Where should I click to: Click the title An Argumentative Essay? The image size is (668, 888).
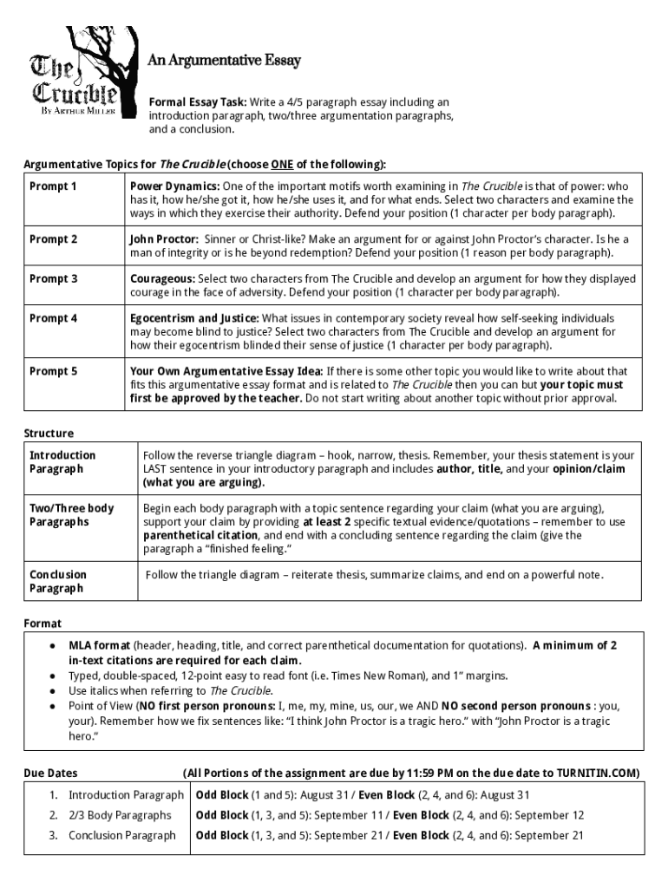pos(223,61)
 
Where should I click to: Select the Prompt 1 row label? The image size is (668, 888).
pos(53,186)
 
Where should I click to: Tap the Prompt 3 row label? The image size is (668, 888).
pos(53,278)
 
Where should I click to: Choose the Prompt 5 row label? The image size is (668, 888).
pos(53,371)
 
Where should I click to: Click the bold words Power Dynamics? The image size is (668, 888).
pos(174,186)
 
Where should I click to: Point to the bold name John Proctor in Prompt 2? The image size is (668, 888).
pos(164,239)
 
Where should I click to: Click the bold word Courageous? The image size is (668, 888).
pos(161,279)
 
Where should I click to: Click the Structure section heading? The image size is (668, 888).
pos(49,433)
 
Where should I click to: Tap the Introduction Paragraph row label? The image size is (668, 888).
pos(62,461)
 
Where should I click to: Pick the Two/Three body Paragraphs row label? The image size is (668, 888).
pos(71,514)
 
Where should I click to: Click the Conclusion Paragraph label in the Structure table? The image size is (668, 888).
pos(58,581)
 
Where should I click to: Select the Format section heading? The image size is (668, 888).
pos(43,624)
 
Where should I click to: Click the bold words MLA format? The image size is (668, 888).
pos(99,645)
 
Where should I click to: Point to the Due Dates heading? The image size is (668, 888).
pos(50,773)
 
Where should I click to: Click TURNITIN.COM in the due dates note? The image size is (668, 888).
pos(597,773)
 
